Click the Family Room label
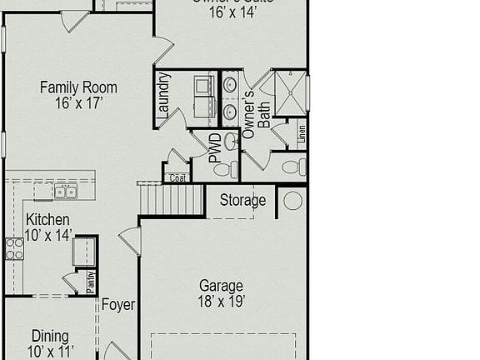point(78,87)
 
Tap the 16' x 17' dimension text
point(78,103)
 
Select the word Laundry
point(164,95)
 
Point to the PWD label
point(215,148)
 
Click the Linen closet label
point(302,132)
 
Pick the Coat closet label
point(177,177)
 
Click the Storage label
point(242,200)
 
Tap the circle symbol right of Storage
point(292,201)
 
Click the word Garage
point(221,286)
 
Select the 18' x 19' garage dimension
point(222,302)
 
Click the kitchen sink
point(66,192)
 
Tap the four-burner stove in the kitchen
point(15,248)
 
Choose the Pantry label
point(91,281)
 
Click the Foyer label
point(118,305)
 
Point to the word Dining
point(50,337)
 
